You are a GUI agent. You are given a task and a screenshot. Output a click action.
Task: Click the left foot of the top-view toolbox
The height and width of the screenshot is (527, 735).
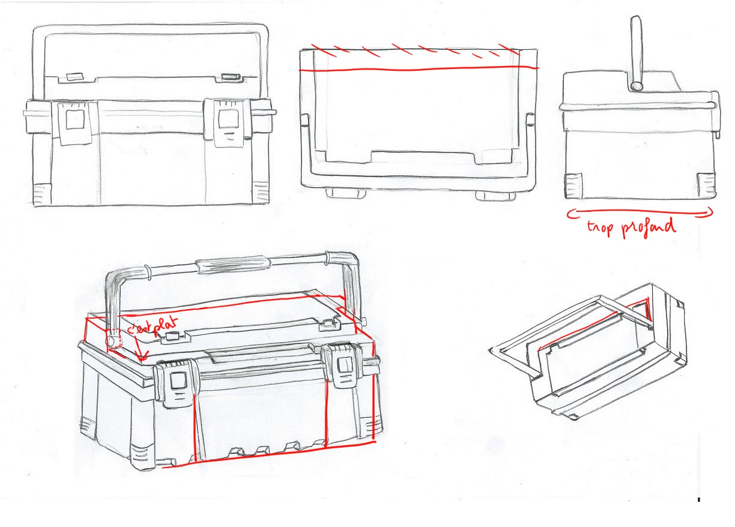(x=343, y=193)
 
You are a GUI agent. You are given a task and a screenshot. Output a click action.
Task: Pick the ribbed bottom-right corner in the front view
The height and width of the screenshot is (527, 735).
(x=261, y=192)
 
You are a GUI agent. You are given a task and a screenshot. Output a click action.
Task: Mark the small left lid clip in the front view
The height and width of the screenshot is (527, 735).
(x=74, y=77)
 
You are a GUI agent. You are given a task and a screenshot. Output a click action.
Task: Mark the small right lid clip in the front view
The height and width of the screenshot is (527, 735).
(x=229, y=77)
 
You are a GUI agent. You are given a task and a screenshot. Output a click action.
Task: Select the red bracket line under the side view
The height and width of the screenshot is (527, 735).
(x=640, y=211)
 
